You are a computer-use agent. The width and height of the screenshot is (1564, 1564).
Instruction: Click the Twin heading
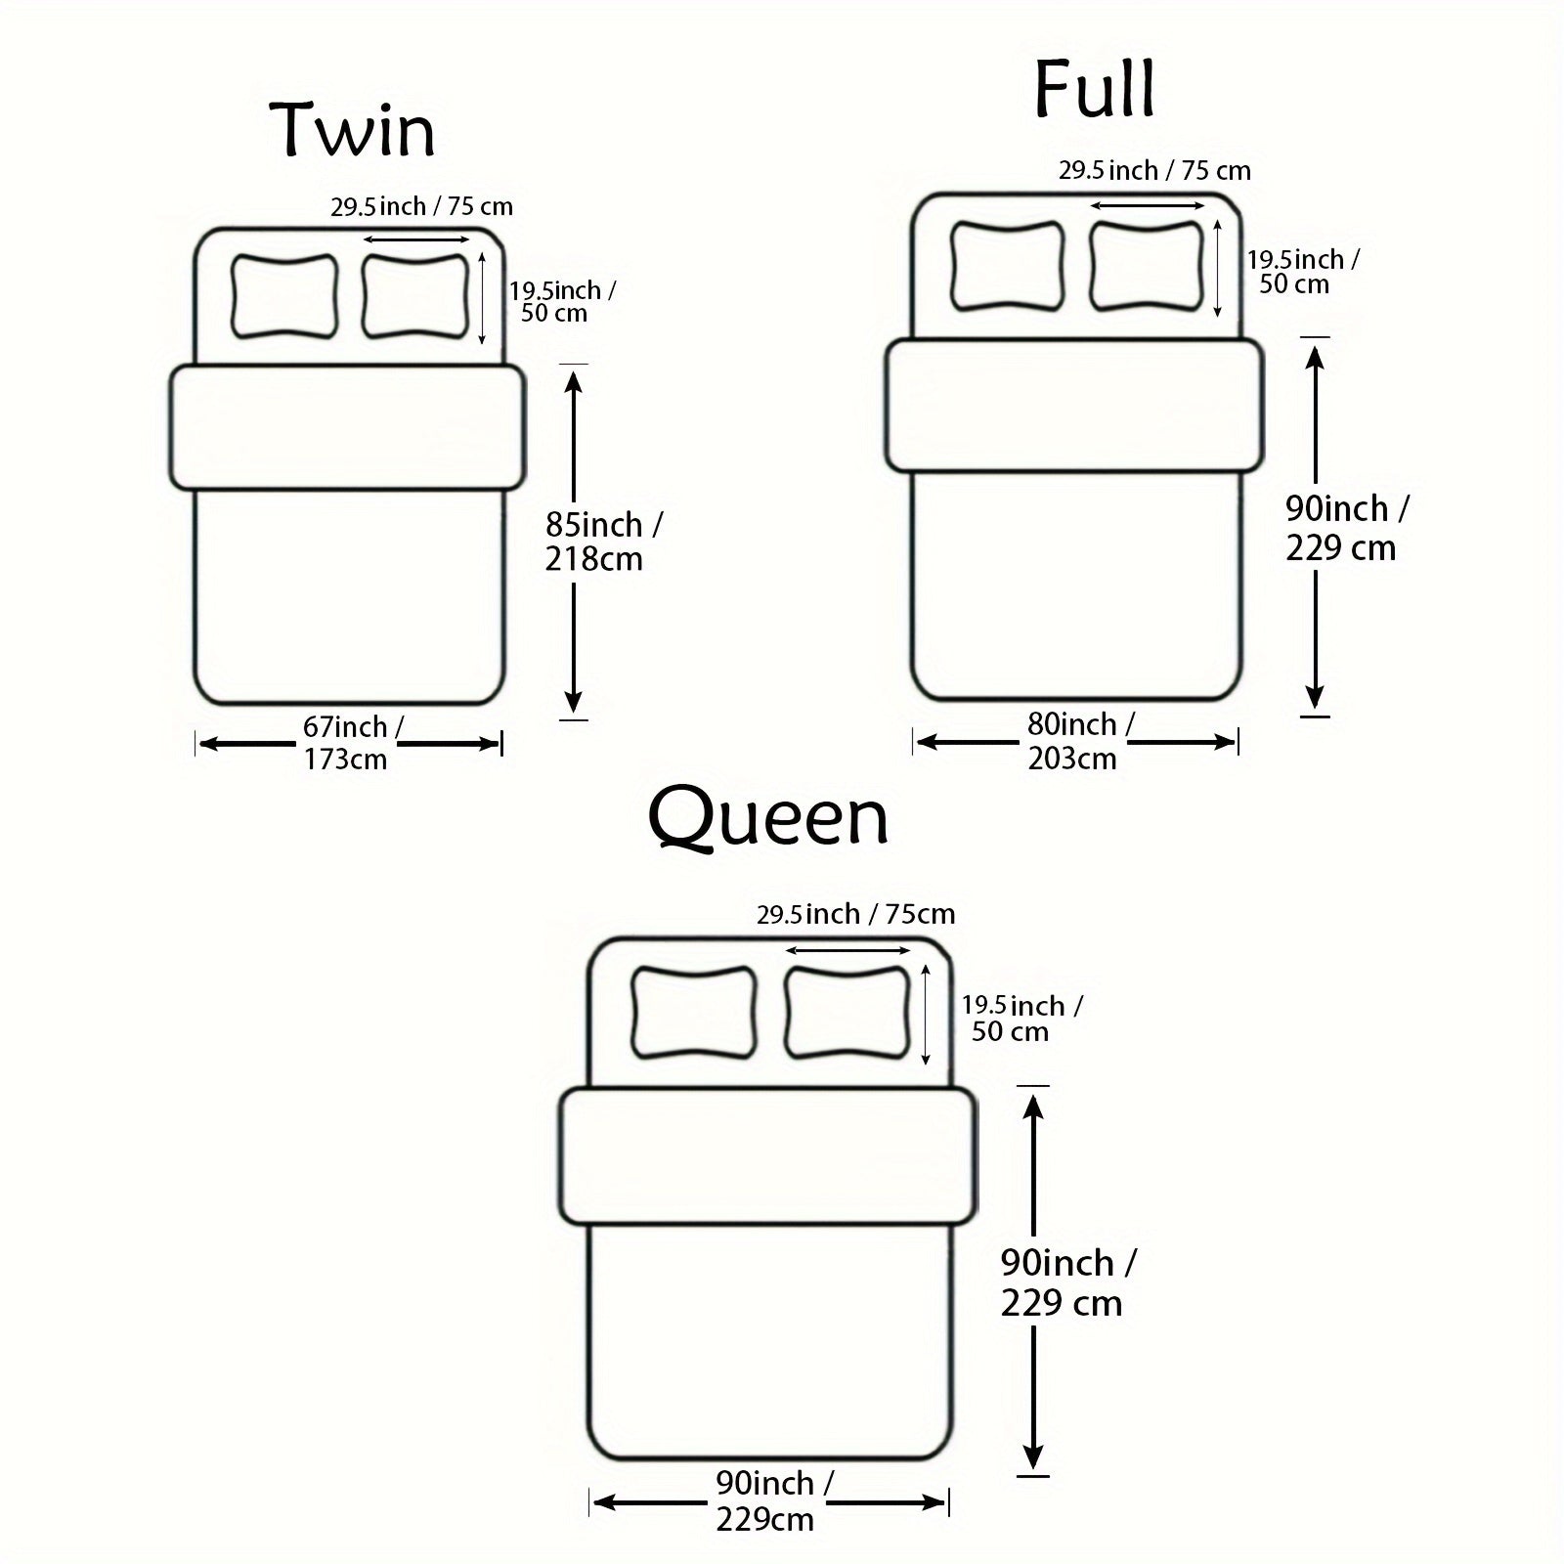coord(353,130)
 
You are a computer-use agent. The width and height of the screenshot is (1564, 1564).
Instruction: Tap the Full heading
coord(1095,89)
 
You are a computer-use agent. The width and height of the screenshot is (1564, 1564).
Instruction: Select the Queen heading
coord(768,819)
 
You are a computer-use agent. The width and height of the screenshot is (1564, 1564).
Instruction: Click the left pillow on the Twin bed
coord(284,296)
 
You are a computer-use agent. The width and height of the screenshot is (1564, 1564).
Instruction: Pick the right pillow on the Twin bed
coord(415,296)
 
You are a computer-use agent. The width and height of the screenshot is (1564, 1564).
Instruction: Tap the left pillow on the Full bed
coord(1008,265)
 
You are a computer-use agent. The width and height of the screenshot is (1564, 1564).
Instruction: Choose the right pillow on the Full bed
coord(1147,265)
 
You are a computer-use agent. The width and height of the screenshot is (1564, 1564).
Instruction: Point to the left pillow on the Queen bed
coord(694,1012)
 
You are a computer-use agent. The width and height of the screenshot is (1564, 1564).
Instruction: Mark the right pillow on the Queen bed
coord(847,1012)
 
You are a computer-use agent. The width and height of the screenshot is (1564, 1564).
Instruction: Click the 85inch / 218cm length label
coord(602,542)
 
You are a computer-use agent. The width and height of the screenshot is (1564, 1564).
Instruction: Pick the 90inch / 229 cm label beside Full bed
coord(1345,528)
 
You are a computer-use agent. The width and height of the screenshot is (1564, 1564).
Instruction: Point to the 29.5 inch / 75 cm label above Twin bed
coord(421,207)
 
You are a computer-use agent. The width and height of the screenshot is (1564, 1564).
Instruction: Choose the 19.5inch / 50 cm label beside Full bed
coord(1300,272)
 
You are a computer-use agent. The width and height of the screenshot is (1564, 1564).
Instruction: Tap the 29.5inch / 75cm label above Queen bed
coord(855,915)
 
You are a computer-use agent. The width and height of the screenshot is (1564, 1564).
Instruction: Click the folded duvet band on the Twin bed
coord(348,427)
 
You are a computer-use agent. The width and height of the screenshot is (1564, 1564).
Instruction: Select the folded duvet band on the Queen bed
coord(768,1156)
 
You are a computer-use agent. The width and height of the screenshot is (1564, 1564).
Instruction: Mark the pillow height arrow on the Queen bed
coord(926,1014)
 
